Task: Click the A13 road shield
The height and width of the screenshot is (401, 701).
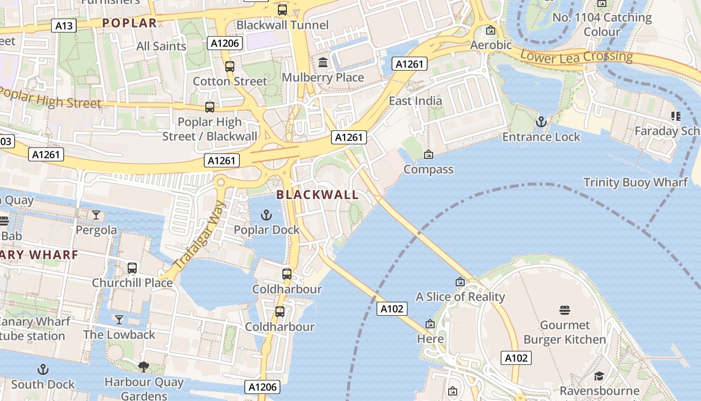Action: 64,26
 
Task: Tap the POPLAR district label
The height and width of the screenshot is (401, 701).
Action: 129,23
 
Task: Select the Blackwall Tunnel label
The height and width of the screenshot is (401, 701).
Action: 282,25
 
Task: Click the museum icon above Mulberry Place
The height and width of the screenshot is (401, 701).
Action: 323,63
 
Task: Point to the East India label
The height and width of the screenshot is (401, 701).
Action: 415,101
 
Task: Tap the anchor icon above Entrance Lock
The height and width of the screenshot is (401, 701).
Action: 541,122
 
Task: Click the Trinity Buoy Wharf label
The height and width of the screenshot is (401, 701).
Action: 635,182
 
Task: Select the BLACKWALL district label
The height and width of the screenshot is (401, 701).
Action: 317,195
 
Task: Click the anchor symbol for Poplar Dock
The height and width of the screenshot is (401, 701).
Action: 266,215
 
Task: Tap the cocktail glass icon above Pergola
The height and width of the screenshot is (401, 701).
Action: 96,215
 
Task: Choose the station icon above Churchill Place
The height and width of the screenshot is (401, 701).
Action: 132,268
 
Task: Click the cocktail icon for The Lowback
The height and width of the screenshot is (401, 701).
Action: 119,320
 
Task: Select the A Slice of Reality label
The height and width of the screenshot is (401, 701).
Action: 460,297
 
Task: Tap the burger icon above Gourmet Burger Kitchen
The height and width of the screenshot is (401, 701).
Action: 565,310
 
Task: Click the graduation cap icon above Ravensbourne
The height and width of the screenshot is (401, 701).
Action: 599,376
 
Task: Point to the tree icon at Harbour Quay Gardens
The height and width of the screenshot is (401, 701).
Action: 144,367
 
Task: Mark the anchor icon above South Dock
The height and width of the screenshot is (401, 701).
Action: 43,370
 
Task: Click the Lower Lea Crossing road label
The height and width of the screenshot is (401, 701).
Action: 576,57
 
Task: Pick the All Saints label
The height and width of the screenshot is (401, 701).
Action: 161,47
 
